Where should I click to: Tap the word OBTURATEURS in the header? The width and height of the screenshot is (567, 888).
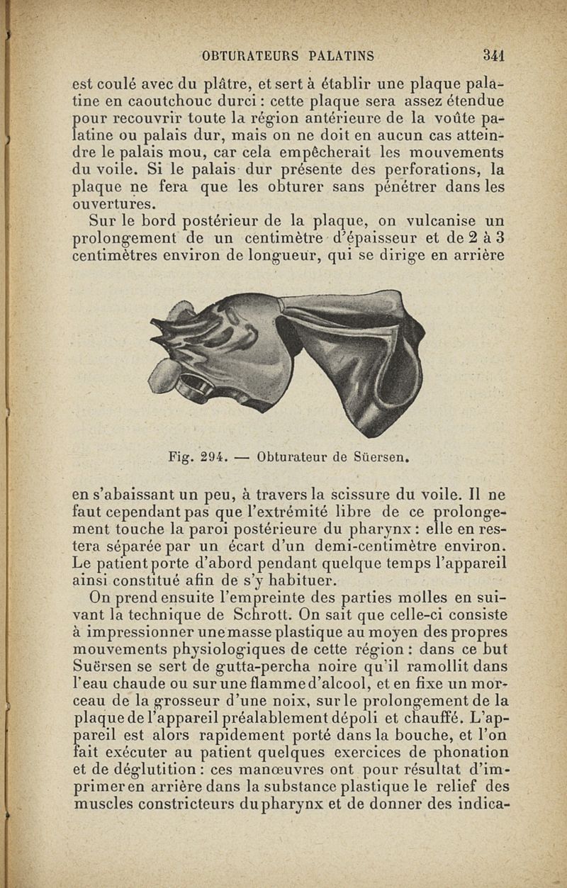click(247, 55)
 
